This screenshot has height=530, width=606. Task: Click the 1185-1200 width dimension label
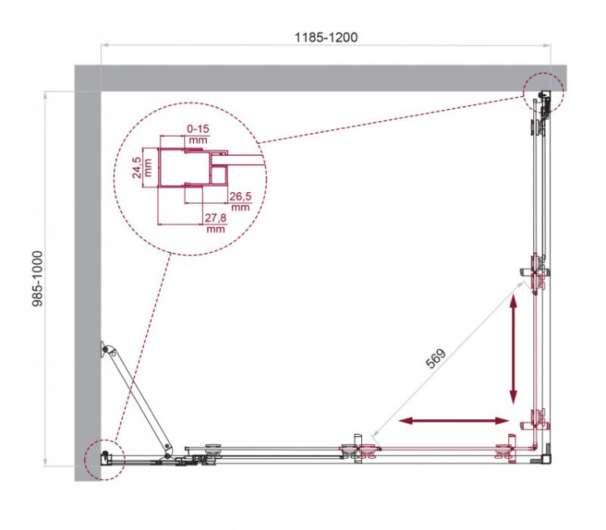[326, 37]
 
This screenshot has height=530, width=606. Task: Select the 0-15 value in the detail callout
[198, 128]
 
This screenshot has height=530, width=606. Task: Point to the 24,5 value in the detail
[137, 168]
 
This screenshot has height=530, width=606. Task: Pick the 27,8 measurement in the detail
[215, 219]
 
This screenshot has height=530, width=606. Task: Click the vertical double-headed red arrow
[512, 350]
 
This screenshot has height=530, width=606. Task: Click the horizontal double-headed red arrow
[455, 421]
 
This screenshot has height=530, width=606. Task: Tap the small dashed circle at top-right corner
[542, 94]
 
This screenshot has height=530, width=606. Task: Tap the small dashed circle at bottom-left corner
[101, 459]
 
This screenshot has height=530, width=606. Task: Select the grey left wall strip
[87, 275]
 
